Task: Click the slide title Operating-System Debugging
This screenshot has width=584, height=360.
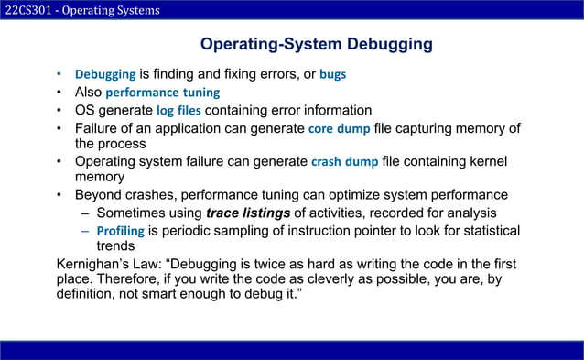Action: click(x=316, y=45)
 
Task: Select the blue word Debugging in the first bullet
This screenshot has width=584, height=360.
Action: click(x=104, y=74)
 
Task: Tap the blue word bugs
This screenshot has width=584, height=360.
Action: click(x=332, y=74)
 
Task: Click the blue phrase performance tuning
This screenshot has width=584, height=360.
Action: click(x=163, y=93)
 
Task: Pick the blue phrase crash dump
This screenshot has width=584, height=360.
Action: click(x=344, y=162)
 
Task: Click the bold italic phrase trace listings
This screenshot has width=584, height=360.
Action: click(x=248, y=213)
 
